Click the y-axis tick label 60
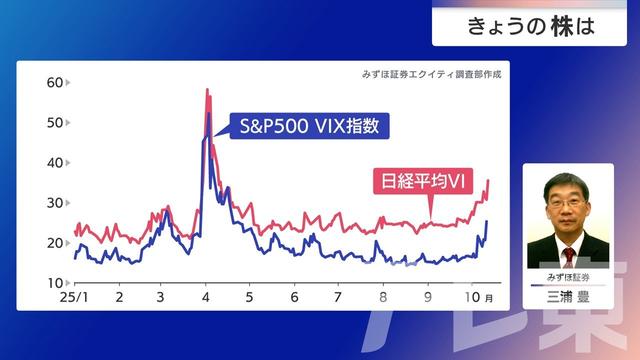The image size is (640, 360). click(55, 83)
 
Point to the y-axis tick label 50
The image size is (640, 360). click(55, 123)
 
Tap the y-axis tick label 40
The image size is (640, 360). click(55, 163)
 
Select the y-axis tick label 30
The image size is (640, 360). click(55, 203)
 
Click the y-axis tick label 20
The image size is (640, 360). click(55, 243)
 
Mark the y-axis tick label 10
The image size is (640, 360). click(55, 283)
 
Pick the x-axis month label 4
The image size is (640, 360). click(206, 298)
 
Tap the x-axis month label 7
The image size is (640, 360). click(338, 298)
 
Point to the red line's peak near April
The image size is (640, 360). click(207, 90)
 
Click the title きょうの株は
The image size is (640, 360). click(531, 25)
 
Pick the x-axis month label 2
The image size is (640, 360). click(119, 298)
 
